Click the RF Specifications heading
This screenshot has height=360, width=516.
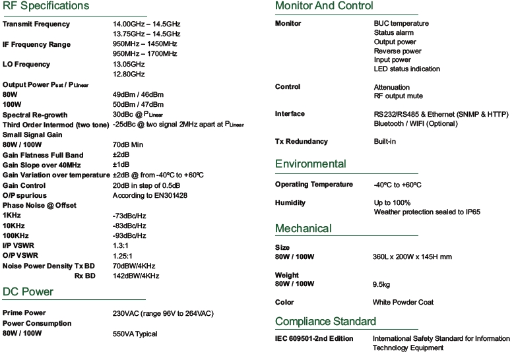point(46,6)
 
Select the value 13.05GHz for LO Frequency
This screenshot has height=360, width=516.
point(129,65)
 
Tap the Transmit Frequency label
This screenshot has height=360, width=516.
point(36,24)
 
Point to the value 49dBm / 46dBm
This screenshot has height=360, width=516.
point(138,94)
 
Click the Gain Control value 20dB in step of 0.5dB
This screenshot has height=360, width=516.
point(151,186)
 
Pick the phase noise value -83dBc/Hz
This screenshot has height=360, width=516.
point(129,225)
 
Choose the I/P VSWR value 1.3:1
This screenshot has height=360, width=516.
point(123,246)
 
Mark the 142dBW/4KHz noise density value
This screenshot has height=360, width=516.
point(136,276)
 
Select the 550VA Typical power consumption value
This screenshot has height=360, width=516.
point(135,334)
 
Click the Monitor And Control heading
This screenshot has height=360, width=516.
point(323,6)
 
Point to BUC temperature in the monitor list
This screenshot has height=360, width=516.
point(401,24)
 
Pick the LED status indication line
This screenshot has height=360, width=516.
point(406,69)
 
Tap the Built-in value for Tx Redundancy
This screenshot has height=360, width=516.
point(385,142)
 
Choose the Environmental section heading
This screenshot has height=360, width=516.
point(310,164)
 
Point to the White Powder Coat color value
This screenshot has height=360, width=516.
point(403,303)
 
